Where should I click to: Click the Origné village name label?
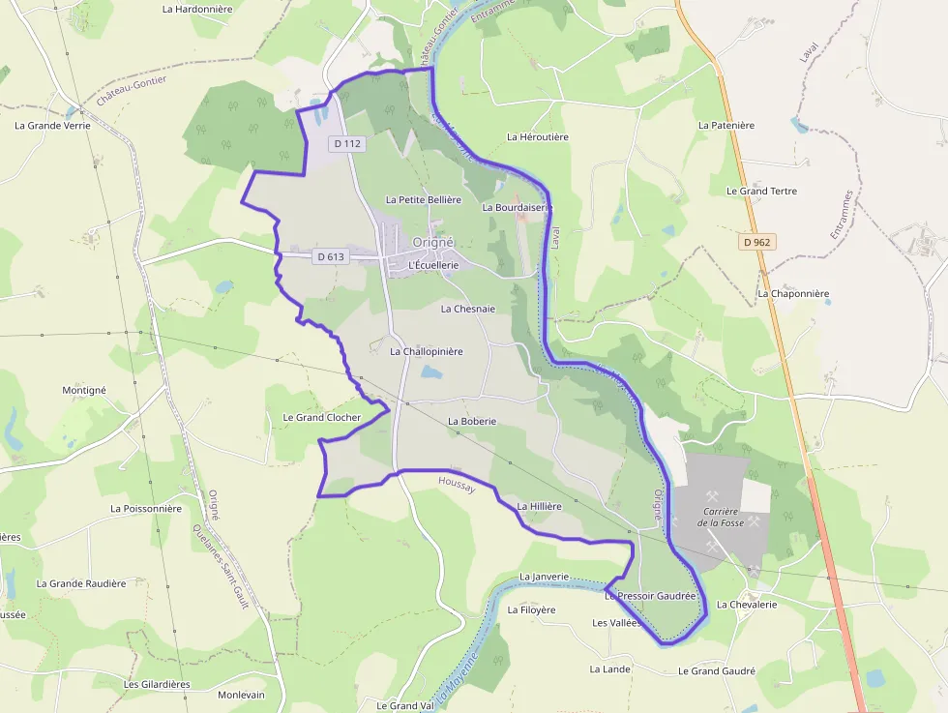tap(432, 242)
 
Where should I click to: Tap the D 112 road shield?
tap(346, 143)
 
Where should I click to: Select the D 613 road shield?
tap(330, 256)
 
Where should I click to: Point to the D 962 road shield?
tap(759, 242)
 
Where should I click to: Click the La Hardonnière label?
tap(197, 10)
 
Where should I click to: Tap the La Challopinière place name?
tap(427, 351)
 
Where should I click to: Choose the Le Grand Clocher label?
tap(321, 418)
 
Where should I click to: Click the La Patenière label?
tap(726, 125)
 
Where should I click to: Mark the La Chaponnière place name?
tap(793, 293)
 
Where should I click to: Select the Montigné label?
tap(84, 390)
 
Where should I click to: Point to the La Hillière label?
tap(539, 506)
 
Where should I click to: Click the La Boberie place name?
tap(471, 422)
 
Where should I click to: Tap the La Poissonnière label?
tap(146, 508)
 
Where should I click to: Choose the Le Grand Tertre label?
tap(761, 191)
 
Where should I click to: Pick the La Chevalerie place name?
tap(746, 605)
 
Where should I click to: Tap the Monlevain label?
tap(241, 695)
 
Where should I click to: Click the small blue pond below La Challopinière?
tap(431, 372)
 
